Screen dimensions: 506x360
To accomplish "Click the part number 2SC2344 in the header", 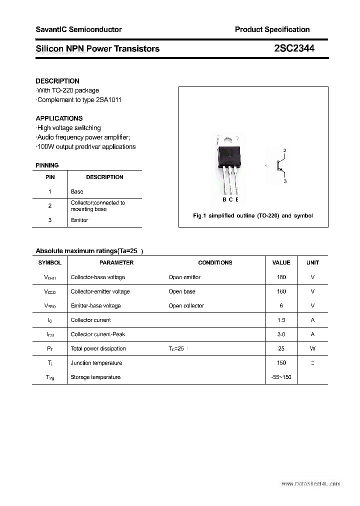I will coord(294,48).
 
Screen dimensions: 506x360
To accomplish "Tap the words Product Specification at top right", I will coord(272,29).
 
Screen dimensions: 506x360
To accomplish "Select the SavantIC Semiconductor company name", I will coord(78,29).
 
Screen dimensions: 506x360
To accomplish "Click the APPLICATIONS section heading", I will coord(59,118).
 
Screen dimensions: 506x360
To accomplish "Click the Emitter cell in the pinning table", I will coord(79,220).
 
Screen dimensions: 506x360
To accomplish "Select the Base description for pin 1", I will coord(77,191).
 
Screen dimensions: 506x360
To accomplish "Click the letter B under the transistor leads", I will coord(224,200).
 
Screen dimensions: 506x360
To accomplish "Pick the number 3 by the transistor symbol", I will coord(284,181).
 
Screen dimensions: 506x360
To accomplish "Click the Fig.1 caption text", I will coord(252,215).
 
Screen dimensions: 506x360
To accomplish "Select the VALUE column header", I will coord(281,262).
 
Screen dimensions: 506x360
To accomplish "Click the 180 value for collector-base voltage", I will coord(281,277).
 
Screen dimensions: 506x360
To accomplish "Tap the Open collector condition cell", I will coord(186,305).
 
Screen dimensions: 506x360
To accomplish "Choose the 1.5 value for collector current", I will coord(281,320).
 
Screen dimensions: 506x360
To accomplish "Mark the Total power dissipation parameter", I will coord(98,348).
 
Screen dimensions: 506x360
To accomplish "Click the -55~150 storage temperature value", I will coord(281,377).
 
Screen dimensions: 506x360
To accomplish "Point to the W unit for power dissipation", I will coord(312,348).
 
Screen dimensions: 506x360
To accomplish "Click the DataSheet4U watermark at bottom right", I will coord(310,484).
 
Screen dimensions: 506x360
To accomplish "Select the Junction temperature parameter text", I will coord(96,363).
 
